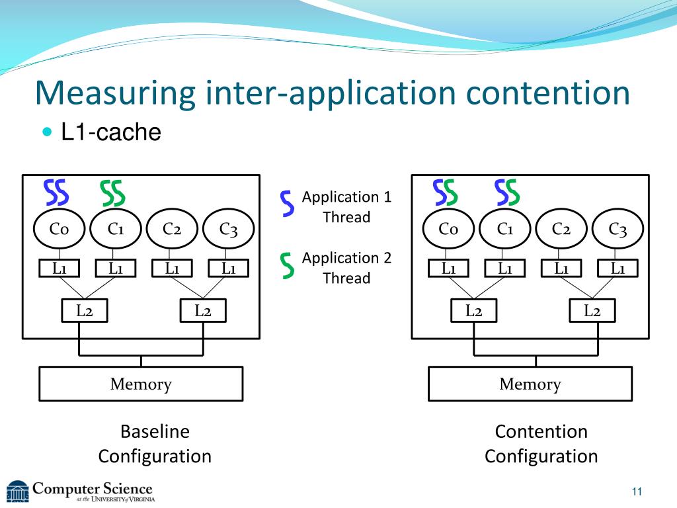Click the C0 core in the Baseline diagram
(x=59, y=228)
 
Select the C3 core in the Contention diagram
(x=617, y=228)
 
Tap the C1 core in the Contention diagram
(x=504, y=228)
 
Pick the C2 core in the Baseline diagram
(x=172, y=228)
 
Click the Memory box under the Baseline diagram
(x=141, y=384)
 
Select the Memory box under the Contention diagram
(x=530, y=384)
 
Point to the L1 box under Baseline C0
(x=59, y=269)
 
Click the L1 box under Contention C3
(x=618, y=269)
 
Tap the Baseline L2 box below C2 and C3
(x=203, y=311)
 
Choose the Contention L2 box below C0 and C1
(x=473, y=311)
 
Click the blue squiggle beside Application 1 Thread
(x=287, y=203)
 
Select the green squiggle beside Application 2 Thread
(x=287, y=265)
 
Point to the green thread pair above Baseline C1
(x=112, y=193)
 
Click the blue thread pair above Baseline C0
(x=56, y=192)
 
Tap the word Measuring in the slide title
(x=115, y=93)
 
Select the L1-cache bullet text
(x=111, y=132)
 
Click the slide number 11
(x=637, y=491)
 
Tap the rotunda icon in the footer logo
(x=17, y=491)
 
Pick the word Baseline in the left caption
(x=155, y=431)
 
